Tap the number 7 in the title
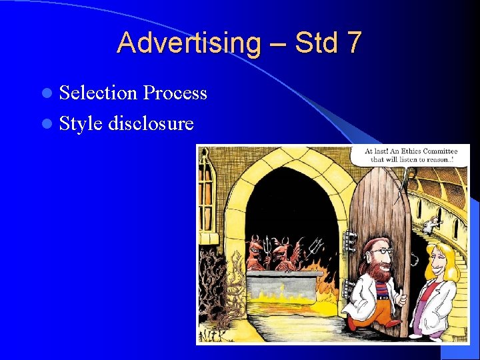[x=353, y=43]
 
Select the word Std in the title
[x=315, y=43]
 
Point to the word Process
[x=175, y=93]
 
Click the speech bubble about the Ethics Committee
[x=412, y=155]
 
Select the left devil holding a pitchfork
[x=256, y=253]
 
